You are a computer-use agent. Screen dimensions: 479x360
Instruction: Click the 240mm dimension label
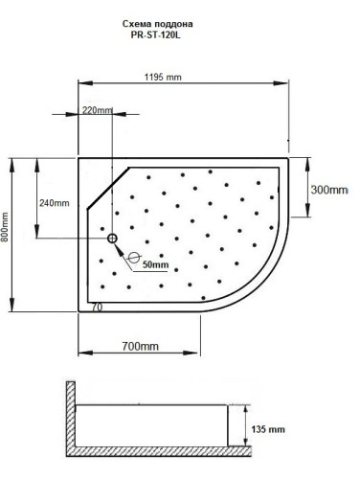click(x=55, y=203)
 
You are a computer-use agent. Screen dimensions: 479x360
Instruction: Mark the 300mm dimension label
click(x=329, y=190)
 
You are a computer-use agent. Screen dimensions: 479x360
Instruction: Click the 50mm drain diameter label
click(x=155, y=265)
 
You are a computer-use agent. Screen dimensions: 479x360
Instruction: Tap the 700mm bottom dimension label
click(x=140, y=345)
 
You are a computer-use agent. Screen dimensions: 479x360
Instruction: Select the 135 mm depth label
click(x=270, y=430)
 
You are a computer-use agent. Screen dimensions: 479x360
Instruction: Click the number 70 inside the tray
click(x=96, y=308)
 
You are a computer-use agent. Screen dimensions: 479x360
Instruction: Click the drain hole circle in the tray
click(x=112, y=239)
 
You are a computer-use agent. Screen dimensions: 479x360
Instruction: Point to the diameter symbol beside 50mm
click(x=134, y=258)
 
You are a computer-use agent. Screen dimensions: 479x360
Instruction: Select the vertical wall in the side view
click(x=71, y=422)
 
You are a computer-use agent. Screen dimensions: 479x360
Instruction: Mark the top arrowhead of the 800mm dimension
click(x=12, y=162)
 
